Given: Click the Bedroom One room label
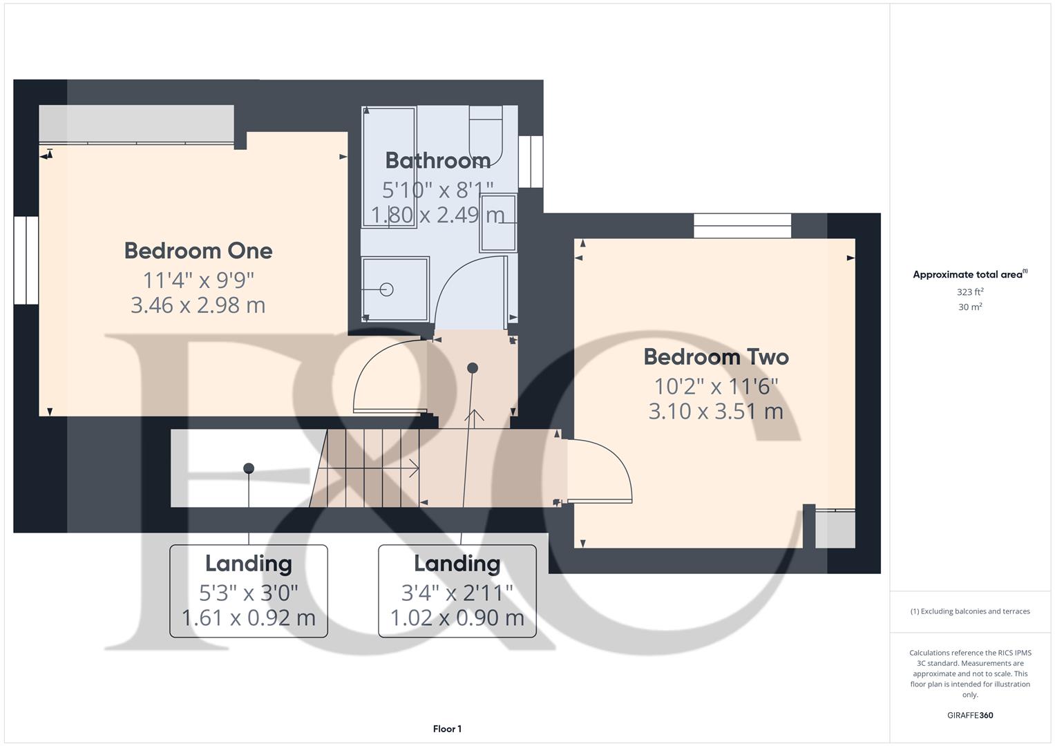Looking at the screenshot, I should click(198, 251).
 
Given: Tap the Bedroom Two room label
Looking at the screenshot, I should click(716, 357).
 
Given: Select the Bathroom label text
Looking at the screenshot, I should click(438, 160).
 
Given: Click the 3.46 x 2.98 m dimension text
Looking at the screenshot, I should click(198, 305).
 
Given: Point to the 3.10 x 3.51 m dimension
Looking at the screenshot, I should click(716, 412).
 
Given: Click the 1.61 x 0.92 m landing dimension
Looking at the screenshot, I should click(249, 618).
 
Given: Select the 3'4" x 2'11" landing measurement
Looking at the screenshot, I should click(457, 593).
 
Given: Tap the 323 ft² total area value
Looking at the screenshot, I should click(970, 292).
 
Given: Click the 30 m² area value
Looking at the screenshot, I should click(970, 307).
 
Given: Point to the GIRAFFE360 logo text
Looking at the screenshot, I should click(970, 716).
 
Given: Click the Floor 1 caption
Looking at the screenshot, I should click(447, 729).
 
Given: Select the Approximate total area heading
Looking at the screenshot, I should click(969, 275).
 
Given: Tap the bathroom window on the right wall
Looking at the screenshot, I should click(531, 161).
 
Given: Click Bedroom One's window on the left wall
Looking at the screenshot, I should click(26, 260).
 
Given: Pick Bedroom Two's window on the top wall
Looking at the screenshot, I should click(742, 226).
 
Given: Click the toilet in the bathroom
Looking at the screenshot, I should click(486, 135).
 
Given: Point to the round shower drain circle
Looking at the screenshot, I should click(387, 290).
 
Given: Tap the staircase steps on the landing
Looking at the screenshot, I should click(366, 468).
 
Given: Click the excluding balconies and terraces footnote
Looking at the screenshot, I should click(970, 611).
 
